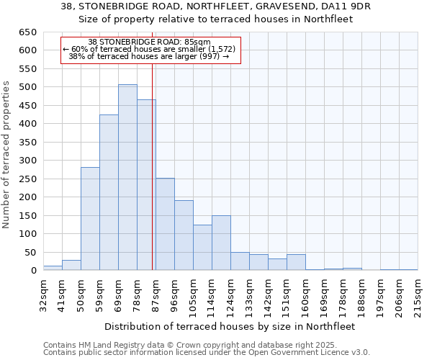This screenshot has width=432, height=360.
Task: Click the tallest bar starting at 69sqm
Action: (127, 177)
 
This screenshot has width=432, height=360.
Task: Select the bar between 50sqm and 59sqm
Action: (90, 219)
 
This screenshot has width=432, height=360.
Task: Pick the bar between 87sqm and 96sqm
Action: (165, 224)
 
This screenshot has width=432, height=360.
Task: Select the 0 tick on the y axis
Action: (33, 271)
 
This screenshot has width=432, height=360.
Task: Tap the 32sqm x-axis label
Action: (43, 294)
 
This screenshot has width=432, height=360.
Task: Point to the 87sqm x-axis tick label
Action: (156, 294)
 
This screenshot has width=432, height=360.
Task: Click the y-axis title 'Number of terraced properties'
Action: (7, 154)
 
